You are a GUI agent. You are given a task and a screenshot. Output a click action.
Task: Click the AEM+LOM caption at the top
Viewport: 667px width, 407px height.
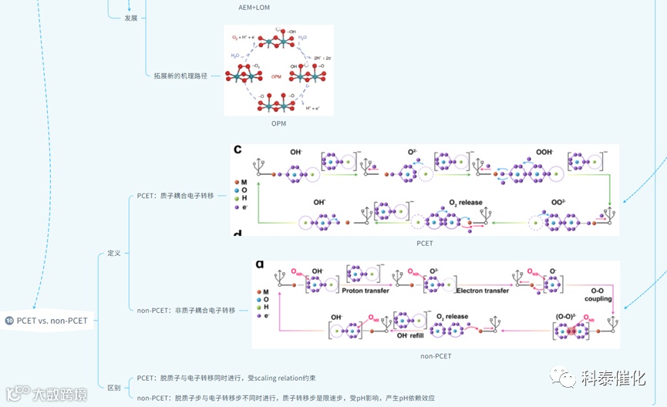click(x=254, y=8)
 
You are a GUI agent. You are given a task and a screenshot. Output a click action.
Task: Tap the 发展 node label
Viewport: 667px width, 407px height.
click(x=131, y=18)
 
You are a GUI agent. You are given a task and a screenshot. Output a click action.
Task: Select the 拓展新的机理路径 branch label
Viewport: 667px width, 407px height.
click(x=182, y=76)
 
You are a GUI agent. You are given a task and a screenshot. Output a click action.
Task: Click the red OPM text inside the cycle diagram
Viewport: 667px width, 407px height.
click(x=277, y=77)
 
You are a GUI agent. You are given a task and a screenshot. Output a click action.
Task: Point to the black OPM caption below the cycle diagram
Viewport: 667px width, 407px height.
click(x=278, y=123)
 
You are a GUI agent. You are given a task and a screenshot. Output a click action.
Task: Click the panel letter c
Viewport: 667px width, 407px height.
click(x=238, y=150)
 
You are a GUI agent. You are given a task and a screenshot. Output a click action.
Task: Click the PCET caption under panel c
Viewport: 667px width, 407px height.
click(x=424, y=244)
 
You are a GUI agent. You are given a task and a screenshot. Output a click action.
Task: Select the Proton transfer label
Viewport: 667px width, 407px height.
click(x=366, y=291)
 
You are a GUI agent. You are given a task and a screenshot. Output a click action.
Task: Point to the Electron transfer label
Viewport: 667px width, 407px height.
click(x=483, y=291)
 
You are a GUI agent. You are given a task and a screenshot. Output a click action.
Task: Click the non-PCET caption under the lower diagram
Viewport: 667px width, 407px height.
click(x=436, y=356)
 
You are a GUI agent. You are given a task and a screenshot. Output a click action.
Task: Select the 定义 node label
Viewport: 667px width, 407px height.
click(x=114, y=253)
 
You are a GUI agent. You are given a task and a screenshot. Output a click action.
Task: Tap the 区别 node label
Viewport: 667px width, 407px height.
click(x=113, y=388)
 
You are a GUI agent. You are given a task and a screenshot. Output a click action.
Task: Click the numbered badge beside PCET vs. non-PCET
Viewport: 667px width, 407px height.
click(x=9, y=320)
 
